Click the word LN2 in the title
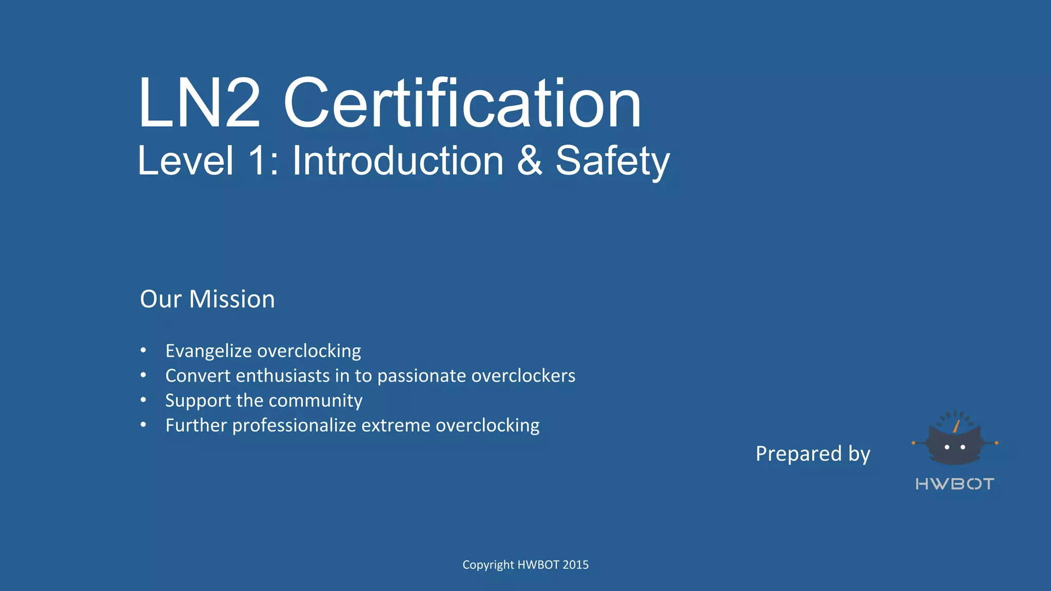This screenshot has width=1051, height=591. pyautogui.click(x=199, y=103)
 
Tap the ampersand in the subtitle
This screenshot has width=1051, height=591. pyautogui.click(x=529, y=161)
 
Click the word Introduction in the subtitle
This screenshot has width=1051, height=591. pyautogui.click(x=398, y=161)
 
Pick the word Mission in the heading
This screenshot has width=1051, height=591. pyautogui.click(x=232, y=299)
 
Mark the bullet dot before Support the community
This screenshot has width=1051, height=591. pyautogui.click(x=144, y=400)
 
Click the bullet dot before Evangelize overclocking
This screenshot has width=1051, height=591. pyautogui.click(x=144, y=350)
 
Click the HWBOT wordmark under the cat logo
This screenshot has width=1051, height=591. pyautogui.click(x=955, y=484)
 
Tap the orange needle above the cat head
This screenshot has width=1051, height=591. pyautogui.click(x=957, y=426)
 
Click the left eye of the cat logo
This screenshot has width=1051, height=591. pyautogui.click(x=947, y=447)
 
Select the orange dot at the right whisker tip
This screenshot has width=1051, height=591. pyautogui.click(x=997, y=443)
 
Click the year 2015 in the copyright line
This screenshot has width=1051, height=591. pyautogui.click(x=575, y=565)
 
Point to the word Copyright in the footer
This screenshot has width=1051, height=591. pyautogui.click(x=488, y=565)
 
